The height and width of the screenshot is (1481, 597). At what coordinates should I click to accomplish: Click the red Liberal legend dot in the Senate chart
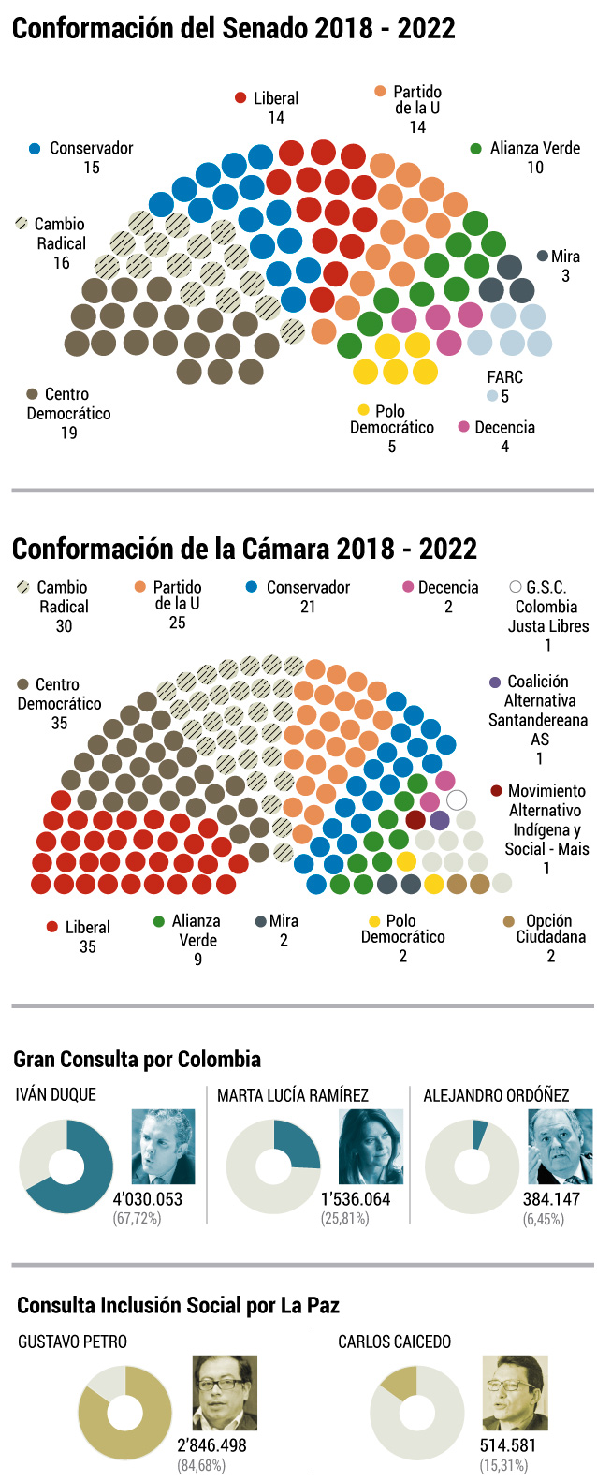click(240, 98)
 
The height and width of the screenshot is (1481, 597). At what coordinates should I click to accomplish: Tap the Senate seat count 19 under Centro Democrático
click(68, 433)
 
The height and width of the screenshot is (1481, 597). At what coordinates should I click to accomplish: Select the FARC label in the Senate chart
click(504, 377)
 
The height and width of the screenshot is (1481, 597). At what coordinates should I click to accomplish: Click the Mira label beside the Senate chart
click(565, 256)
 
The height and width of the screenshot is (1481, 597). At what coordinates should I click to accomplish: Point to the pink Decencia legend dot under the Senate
click(463, 427)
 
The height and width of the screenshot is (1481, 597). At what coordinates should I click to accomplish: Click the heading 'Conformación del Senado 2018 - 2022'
click(233, 28)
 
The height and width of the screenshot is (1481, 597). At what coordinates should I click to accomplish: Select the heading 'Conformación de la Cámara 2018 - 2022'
click(244, 549)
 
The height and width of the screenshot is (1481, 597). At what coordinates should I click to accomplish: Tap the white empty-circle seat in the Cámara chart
click(457, 799)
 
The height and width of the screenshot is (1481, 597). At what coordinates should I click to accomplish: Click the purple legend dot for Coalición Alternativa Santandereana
click(495, 682)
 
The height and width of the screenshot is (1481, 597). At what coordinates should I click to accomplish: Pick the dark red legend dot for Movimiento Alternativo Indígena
click(496, 791)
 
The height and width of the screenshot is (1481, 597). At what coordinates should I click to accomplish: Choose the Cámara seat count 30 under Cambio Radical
click(64, 625)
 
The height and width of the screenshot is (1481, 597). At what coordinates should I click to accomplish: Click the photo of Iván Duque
click(163, 1146)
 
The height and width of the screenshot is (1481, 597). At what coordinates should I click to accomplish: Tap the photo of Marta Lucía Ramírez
click(371, 1146)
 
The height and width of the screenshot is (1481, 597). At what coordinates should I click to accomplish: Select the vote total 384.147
click(551, 1198)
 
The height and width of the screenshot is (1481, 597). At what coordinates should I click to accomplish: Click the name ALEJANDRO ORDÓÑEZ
click(496, 1094)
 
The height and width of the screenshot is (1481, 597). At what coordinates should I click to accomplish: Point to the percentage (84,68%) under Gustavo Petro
click(201, 1465)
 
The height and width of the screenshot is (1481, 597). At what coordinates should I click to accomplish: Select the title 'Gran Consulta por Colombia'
click(137, 1059)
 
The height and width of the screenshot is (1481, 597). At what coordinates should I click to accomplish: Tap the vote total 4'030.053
click(148, 1198)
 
